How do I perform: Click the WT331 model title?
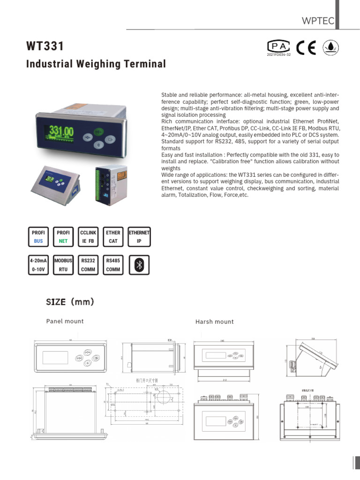click(x=45, y=47)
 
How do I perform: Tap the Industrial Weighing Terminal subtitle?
click(x=96, y=64)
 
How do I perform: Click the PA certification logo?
click(x=278, y=46)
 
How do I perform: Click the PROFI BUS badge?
click(x=37, y=237)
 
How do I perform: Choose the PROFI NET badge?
click(x=63, y=237)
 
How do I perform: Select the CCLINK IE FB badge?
click(x=88, y=237)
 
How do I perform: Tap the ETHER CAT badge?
click(x=113, y=237)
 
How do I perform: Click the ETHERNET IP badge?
click(x=139, y=237)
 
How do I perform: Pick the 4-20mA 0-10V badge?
click(x=37, y=265)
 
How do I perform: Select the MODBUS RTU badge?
click(x=63, y=265)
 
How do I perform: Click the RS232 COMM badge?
click(x=88, y=265)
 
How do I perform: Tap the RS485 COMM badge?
click(x=113, y=265)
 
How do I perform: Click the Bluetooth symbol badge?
click(x=139, y=265)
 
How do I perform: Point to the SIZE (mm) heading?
click(x=70, y=302)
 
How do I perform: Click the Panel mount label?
click(x=65, y=321)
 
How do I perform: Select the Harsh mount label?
click(x=214, y=322)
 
